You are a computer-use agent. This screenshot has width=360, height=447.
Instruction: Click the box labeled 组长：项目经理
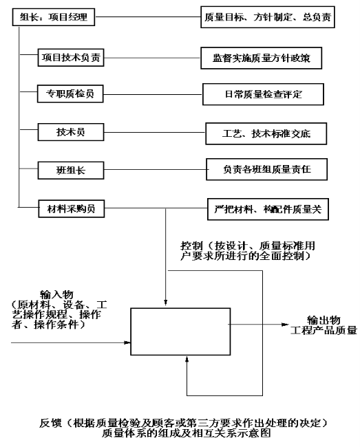point(53,17)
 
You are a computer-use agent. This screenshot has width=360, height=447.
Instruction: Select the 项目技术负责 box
point(71,58)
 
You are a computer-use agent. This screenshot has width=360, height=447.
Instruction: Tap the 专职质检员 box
point(70,94)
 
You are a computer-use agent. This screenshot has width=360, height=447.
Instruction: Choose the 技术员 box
point(71,132)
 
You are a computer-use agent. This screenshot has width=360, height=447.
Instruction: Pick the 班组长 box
point(71,170)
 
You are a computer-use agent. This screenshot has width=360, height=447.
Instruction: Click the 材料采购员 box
point(72,208)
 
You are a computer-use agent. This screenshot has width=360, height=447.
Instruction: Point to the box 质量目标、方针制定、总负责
point(268,17)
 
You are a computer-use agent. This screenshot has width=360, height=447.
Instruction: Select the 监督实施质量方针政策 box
point(262,58)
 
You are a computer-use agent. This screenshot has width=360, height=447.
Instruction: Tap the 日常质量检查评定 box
point(263,94)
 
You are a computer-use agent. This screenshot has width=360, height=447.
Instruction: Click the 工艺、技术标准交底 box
point(266,133)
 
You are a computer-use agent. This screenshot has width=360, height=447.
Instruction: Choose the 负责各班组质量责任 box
point(266,169)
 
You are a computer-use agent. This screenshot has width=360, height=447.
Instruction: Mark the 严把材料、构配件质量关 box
point(268,209)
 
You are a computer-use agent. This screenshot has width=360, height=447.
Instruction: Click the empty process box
point(180,331)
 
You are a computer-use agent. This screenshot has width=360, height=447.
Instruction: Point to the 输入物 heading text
point(56,294)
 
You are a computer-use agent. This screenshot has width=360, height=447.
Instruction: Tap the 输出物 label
point(324,320)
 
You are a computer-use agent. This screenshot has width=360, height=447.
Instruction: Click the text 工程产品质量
point(324,330)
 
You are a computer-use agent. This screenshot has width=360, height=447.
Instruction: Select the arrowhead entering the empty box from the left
point(127,342)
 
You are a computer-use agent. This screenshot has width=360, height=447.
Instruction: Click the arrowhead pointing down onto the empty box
point(165,303)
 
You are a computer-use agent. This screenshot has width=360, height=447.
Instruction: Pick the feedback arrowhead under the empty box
point(187,358)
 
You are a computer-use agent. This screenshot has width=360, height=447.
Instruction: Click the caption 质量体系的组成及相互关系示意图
point(186,433)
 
